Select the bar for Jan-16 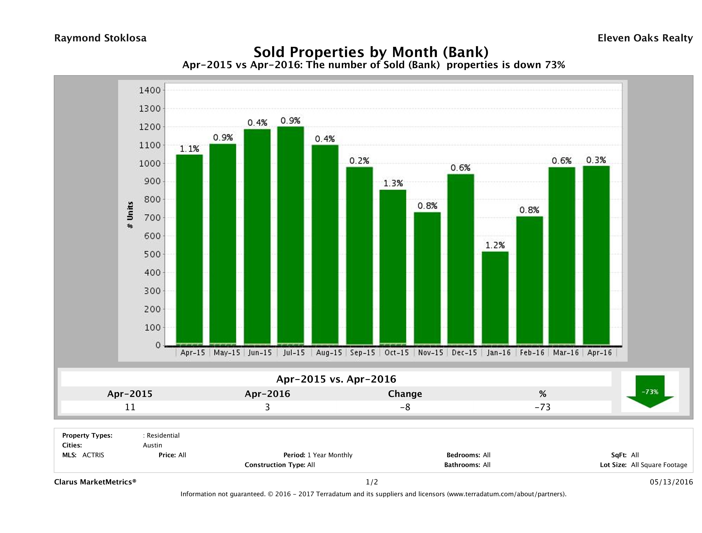[495, 298]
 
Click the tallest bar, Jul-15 [290, 235]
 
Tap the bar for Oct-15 [393, 267]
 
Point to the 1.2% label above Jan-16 [495, 245]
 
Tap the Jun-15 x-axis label [260, 353]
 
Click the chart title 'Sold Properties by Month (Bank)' [371, 52]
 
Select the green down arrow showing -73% [650, 391]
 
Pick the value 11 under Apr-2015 [130, 407]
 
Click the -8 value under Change [405, 407]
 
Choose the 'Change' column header [405, 394]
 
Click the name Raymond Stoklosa [100, 38]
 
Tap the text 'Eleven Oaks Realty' [645, 38]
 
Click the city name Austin [152, 445]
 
